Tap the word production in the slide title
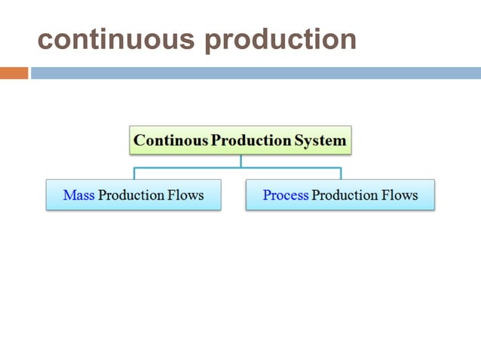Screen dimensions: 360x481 [x=280, y=39]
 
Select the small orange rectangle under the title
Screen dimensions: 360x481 [x=14, y=73]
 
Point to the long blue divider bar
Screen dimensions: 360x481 [x=255, y=73]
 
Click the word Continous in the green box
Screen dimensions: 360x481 [x=171, y=140]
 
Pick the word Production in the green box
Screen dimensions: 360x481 [x=251, y=140]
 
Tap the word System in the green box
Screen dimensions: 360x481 [x=321, y=140]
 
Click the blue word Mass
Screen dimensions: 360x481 [x=78, y=195]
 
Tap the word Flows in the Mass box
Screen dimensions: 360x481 [x=187, y=195]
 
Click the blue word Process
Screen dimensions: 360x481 [x=286, y=195]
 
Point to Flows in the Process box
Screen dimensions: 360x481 [x=401, y=195]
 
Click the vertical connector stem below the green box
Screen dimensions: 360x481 [x=240, y=160]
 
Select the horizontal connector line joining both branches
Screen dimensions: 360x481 [x=188, y=167]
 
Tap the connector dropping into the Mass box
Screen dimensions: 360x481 [x=134, y=173]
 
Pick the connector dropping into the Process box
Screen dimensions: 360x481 [x=341, y=173]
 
